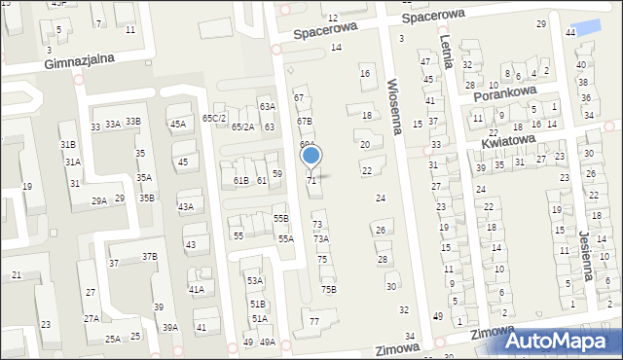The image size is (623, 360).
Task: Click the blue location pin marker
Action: point(311,156)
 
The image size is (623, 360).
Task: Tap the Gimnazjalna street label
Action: point(80,59)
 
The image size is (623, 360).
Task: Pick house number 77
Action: point(313,321)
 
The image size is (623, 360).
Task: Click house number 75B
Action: point(329,289)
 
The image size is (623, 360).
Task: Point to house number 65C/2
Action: point(214,118)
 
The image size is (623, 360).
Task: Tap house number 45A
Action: point(178,125)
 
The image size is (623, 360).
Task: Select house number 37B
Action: point(149,257)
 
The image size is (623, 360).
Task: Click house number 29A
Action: point(99,200)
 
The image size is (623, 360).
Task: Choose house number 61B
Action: point(241,181)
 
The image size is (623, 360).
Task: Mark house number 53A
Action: point(255,281)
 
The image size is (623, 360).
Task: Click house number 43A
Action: point(185,206)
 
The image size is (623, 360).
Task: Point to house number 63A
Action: point(267,106)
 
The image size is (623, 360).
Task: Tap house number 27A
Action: point(91,318)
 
